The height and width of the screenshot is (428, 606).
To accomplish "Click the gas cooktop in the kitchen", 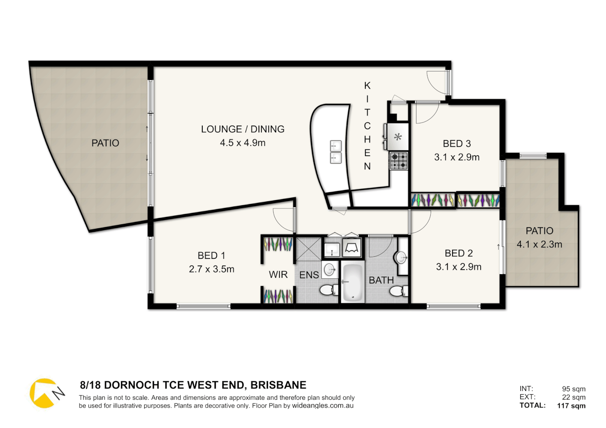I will pyautogui.click(x=399, y=161).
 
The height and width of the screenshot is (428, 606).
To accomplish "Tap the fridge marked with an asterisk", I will pyautogui.click(x=397, y=137).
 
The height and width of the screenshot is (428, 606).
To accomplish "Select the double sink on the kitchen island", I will pyautogui.click(x=336, y=152).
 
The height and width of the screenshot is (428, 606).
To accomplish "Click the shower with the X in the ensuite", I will pyautogui.click(x=309, y=248).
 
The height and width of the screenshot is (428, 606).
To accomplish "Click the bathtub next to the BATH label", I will pyautogui.click(x=352, y=282).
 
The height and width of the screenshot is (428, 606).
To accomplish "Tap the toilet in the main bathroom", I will pyautogui.click(x=398, y=291).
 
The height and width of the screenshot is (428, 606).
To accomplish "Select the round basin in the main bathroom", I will pyautogui.click(x=401, y=258).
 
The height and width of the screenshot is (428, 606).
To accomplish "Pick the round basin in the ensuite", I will pyautogui.click(x=330, y=269).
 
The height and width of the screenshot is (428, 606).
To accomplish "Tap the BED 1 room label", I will pyautogui.click(x=211, y=256).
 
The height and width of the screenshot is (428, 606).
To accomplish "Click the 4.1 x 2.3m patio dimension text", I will pyautogui.click(x=539, y=245).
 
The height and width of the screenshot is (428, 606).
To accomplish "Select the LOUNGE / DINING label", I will pyautogui.click(x=243, y=129).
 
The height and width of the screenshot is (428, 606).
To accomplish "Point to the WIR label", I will pyautogui.click(x=278, y=275).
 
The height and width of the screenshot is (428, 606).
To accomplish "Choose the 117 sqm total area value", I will pyautogui.click(x=571, y=405).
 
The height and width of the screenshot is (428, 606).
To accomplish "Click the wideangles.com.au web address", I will pyautogui.click(x=322, y=406).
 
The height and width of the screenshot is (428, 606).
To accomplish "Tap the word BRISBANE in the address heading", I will pyautogui.click(x=278, y=385).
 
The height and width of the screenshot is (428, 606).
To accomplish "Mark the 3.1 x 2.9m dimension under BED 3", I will pyautogui.click(x=457, y=157).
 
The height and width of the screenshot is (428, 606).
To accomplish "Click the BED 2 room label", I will pyautogui.click(x=459, y=253).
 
